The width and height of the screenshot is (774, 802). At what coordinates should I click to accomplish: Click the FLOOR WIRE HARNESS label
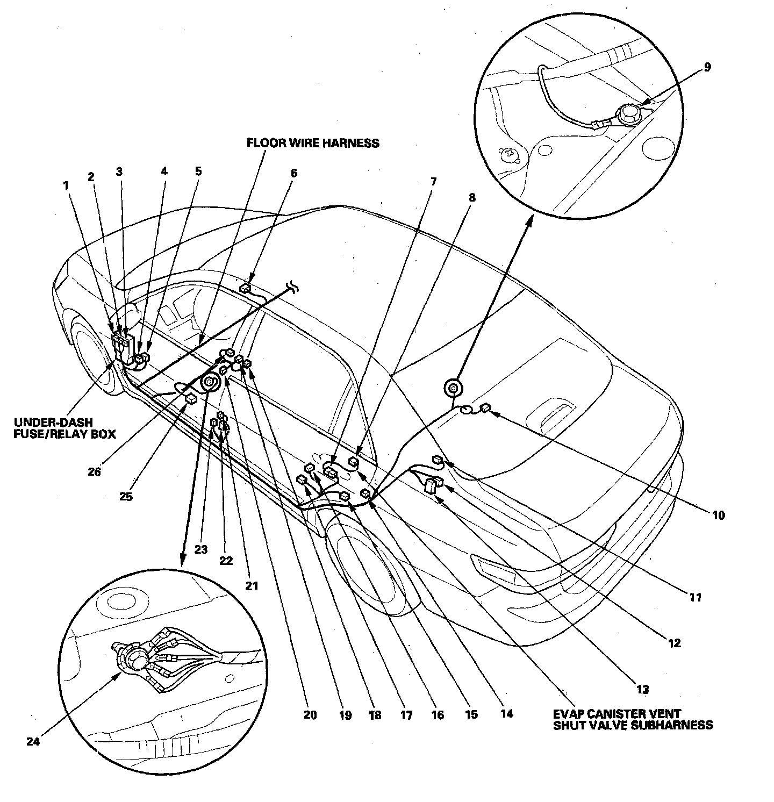(313, 143)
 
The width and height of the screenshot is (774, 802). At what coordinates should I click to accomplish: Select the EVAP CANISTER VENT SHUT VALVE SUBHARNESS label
(633, 719)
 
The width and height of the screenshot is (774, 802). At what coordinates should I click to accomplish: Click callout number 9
(707, 67)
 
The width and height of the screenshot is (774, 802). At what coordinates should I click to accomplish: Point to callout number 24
(33, 741)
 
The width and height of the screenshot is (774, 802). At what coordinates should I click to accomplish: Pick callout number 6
(293, 174)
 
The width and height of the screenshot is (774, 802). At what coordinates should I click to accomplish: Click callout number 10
(719, 515)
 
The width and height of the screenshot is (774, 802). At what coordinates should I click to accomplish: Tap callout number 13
(643, 689)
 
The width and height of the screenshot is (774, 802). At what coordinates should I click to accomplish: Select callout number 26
(95, 472)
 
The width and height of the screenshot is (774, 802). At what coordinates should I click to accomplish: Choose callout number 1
(66, 185)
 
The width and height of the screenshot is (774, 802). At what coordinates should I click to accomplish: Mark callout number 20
(310, 715)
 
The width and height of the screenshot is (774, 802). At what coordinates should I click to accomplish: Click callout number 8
(472, 197)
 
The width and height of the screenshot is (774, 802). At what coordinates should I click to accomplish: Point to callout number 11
(696, 597)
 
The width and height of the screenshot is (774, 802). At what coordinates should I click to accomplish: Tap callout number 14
(506, 714)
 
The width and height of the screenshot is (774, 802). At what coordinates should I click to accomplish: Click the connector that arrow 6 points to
(246, 288)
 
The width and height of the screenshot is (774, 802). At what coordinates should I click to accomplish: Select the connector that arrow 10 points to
(485, 408)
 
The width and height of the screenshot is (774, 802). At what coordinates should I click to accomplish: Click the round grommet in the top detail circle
(627, 114)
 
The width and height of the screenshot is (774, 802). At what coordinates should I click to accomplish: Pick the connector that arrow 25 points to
(190, 399)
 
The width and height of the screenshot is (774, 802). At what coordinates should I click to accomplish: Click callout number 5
(198, 172)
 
